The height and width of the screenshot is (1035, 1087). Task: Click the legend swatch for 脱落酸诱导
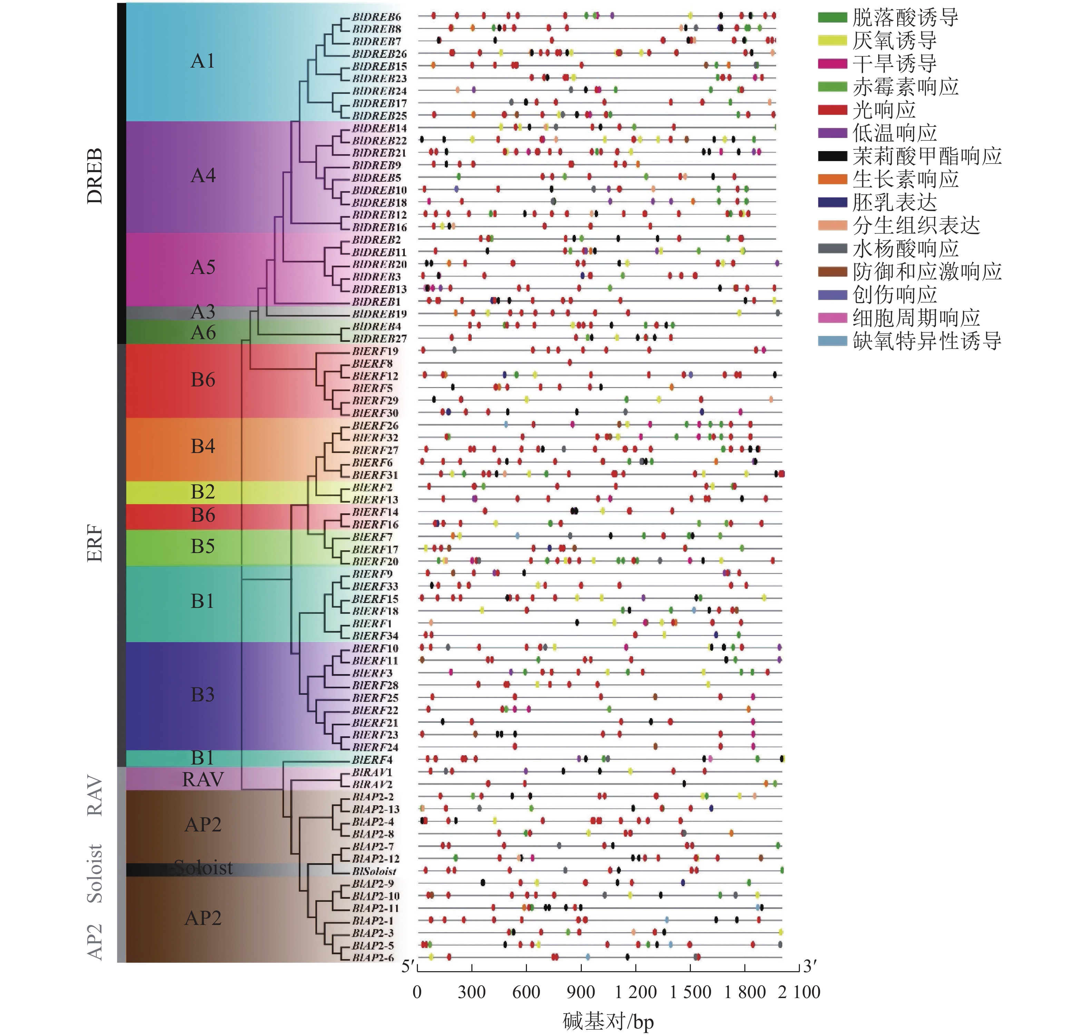pos(832,18)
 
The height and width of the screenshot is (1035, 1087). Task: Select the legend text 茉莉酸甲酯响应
pos(927,156)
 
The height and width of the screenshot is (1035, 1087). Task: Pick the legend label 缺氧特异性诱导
pos(927,341)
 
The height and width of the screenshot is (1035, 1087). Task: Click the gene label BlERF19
pos(375,351)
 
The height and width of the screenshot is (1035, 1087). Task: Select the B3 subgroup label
pos(203,694)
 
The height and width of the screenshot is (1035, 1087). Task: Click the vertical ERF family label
pos(95,543)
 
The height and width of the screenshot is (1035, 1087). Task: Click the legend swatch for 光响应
pos(832,110)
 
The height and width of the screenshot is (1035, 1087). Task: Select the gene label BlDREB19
pos(380,314)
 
